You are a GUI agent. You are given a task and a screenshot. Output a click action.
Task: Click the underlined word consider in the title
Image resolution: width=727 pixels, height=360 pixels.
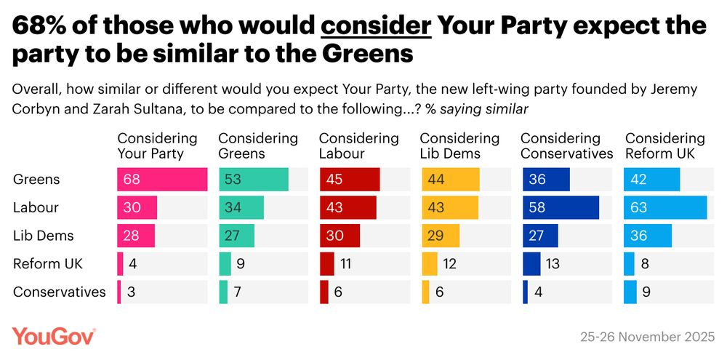coord(377,27)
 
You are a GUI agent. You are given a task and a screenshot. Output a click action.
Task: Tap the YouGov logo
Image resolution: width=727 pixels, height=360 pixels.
coord(54,336)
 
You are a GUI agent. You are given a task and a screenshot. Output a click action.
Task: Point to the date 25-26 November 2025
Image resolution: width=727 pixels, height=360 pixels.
coord(647,337)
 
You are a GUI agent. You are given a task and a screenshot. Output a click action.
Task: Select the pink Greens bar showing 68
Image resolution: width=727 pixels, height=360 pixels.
coord(162,179)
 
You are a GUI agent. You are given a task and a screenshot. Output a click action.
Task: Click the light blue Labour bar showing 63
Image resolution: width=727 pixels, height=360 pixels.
coord(665,207)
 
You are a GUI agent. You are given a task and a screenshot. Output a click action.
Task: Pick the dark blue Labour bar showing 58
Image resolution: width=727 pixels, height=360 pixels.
coord(561,207)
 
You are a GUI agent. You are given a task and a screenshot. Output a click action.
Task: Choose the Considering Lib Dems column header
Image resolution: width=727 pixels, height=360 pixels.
coord(459,145)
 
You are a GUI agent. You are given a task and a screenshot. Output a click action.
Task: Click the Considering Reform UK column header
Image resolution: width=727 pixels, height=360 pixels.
coord(664,145)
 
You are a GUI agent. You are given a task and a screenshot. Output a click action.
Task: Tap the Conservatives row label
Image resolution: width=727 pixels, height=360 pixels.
coord(60,292)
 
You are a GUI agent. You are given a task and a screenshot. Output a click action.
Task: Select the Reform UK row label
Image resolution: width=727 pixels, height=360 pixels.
coord(48,264)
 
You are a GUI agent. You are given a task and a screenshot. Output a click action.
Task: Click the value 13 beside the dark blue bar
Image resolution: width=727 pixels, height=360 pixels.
coord(553,264)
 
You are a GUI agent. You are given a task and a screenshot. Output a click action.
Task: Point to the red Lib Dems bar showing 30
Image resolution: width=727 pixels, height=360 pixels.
coord(340,236)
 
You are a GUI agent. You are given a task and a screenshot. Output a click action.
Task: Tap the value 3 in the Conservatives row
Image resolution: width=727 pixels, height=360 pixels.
coord(131,292)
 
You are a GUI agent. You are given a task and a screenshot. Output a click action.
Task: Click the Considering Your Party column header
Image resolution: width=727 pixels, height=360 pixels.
coord(157,145)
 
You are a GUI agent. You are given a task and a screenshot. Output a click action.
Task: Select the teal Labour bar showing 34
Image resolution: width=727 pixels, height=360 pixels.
coord(241,207)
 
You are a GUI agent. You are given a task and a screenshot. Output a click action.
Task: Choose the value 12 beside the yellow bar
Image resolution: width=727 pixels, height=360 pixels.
coord(449,264)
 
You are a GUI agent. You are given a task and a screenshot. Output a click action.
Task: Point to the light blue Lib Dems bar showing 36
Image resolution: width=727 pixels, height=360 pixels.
coord(648,236)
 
